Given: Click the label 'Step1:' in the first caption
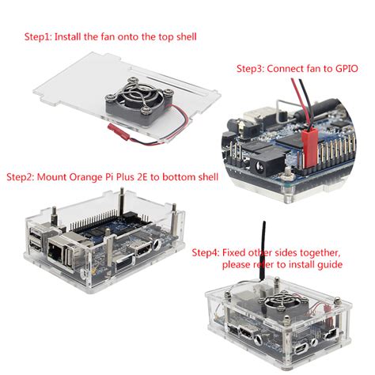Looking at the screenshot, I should pos(37,36).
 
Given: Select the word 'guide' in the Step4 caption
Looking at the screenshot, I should pos(326,263).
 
